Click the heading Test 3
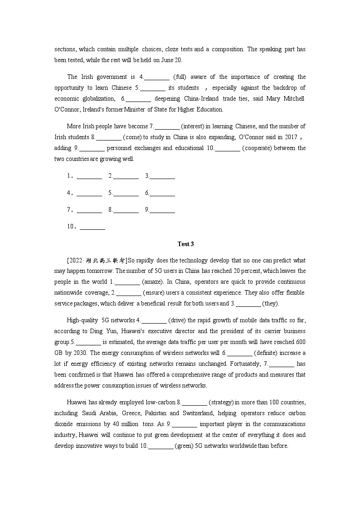click(x=185, y=244)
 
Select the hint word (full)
click(x=179, y=77)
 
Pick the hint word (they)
click(x=271, y=303)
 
